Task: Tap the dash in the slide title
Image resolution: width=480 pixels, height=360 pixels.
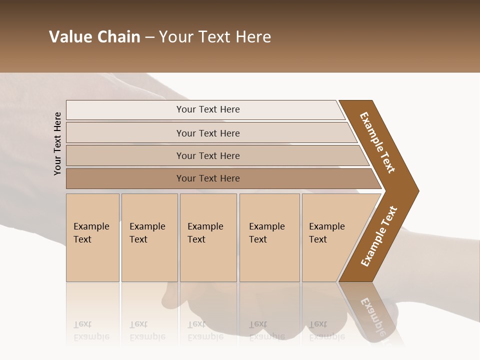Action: (149, 37)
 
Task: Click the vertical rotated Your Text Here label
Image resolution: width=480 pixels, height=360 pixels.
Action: (57, 143)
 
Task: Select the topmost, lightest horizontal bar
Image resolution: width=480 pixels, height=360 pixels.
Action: (207, 109)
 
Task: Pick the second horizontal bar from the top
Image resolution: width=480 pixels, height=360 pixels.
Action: (207, 133)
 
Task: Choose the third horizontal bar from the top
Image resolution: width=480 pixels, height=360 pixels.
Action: (207, 155)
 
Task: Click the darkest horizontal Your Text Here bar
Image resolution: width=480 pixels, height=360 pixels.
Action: (207, 178)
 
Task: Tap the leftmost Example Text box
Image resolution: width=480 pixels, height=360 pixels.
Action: (92, 237)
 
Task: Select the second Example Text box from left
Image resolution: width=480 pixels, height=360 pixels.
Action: (149, 237)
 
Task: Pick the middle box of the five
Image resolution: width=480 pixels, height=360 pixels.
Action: (208, 237)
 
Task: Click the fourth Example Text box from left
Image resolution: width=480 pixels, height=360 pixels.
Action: (269, 237)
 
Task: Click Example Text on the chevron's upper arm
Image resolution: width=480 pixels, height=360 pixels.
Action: (377, 142)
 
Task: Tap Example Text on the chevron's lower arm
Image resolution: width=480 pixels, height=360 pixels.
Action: (378, 236)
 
